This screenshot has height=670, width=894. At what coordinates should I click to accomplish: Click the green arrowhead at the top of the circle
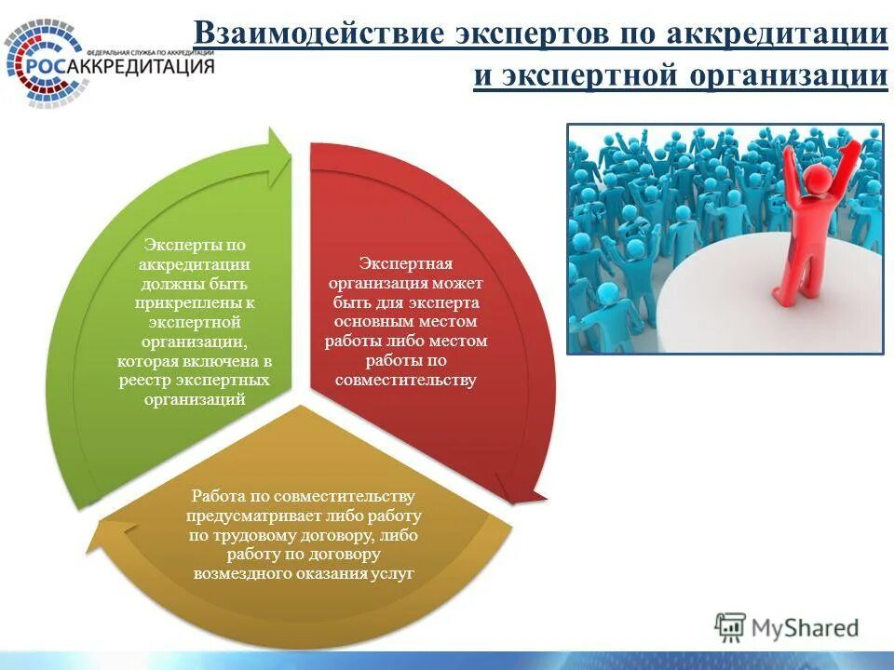click(x=278, y=150)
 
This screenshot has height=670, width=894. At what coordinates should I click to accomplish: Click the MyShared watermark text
click(x=806, y=627)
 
